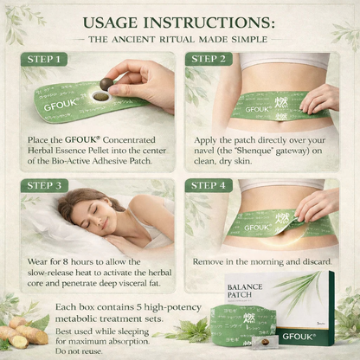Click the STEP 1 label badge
point(44,60)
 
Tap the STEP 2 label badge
point(209,59)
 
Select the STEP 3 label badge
point(44,185)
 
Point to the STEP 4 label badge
point(209,185)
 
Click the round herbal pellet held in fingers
point(106,84)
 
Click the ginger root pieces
point(27,331)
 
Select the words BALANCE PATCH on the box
point(245,291)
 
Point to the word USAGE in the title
point(110,22)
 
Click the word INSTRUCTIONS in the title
point(209,22)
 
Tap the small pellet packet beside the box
point(265,342)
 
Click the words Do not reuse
point(79,351)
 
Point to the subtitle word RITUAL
point(177,39)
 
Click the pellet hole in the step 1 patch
point(100,97)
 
